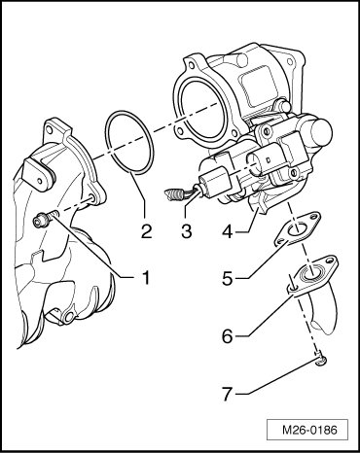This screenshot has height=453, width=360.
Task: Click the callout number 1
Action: pyautogui.click(x=146, y=278)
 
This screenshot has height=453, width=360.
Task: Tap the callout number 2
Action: pyautogui.click(x=146, y=230)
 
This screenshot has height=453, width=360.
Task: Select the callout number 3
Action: pyautogui.click(x=186, y=230)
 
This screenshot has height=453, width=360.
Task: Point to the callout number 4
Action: pyautogui.click(x=228, y=231)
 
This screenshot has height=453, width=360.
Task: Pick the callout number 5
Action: pyautogui.click(x=228, y=278)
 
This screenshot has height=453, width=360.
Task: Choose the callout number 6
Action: pyautogui.click(x=228, y=336)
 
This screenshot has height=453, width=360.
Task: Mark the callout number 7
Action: pyautogui.click(x=228, y=394)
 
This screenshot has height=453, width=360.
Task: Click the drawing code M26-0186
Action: pyautogui.click(x=309, y=430)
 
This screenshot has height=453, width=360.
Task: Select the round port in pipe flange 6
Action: pyautogui.click(x=310, y=271)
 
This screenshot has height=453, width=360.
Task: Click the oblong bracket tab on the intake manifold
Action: pyautogui.click(x=39, y=173)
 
